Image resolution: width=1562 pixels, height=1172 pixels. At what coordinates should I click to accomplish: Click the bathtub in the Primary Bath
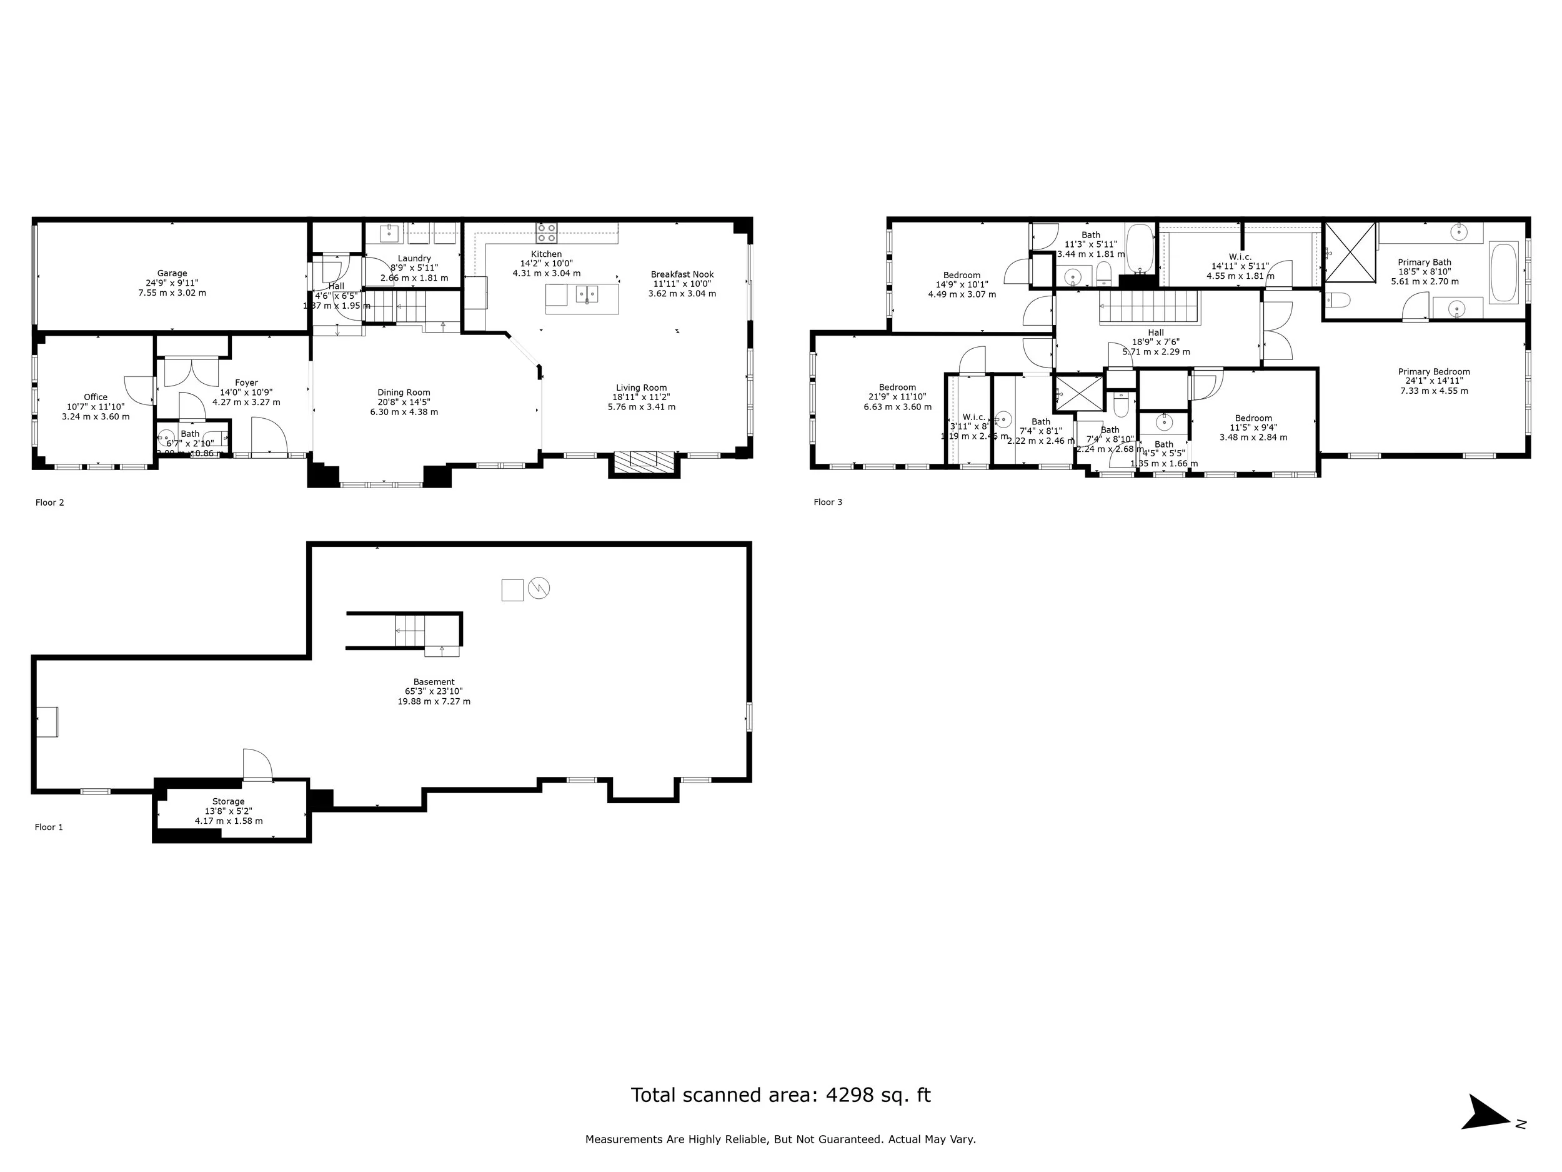click(1503, 273)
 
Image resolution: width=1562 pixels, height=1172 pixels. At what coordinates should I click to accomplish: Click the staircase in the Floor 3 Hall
click(1149, 309)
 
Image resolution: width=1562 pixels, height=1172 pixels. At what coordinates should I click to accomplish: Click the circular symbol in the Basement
click(539, 588)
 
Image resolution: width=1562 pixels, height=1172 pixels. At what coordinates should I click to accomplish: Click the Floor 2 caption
click(50, 503)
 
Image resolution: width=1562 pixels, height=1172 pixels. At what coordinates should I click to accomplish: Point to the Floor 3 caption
click(828, 503)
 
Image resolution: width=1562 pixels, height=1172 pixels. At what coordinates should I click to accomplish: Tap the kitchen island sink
click(587, 293)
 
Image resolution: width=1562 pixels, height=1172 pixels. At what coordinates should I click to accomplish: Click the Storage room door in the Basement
click(257, 766)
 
